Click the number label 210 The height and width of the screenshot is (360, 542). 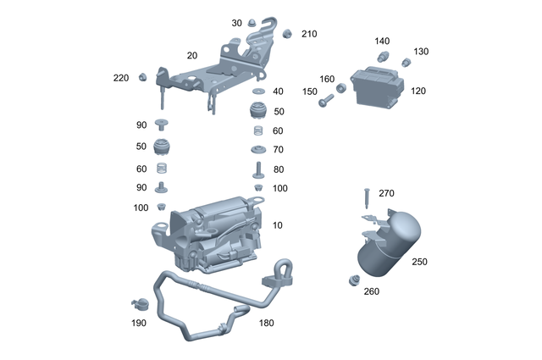click(309, 34)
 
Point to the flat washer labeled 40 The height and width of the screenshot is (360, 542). click(257, 91)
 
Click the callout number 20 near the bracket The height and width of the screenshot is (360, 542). click(192, 54)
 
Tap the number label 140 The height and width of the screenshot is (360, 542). click(383, 41)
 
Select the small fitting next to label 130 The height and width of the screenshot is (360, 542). click(406, 61)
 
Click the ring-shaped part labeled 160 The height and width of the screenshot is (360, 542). click(341, 87)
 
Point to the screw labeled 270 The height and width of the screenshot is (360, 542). click(365, 197)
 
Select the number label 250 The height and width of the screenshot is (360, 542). click(420, 262)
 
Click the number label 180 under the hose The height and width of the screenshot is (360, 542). click(266, 323)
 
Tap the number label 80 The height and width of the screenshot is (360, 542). click(279, 169)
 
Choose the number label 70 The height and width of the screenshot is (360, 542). click(279, 150)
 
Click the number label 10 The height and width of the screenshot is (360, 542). click(279, 226)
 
